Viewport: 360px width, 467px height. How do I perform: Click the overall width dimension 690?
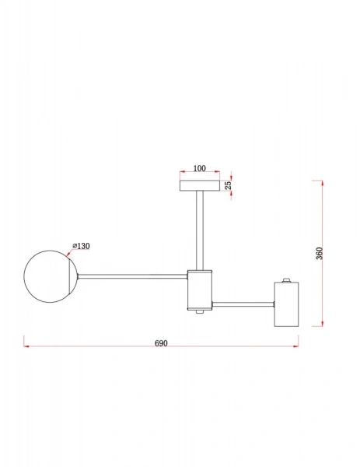tap(162, 342)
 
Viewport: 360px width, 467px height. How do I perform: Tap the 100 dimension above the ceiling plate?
tap(199, 168)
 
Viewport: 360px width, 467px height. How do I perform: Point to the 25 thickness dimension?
tap(229, 185)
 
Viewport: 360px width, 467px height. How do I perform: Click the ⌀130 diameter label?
tap(82, 246)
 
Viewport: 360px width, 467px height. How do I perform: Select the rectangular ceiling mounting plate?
tap(200, 185)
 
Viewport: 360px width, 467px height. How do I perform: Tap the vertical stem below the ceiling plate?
tap(200, 230)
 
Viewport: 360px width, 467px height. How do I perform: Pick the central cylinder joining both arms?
tap(200, 289)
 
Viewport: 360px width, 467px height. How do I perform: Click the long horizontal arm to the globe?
tap(132, 275)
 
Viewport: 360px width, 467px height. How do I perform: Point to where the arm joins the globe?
tap(78, 275)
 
